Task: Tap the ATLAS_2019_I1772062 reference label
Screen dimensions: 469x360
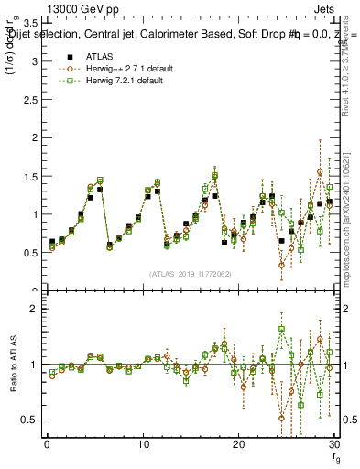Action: (190, 274)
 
